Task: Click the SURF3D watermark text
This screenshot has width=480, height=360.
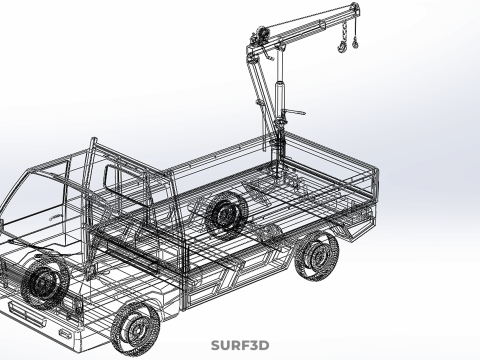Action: coord(240,345)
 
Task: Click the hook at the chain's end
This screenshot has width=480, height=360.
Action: coord(342,47)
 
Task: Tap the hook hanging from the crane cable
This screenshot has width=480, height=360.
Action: coord(354,42)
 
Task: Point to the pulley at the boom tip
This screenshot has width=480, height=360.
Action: coord(355,8)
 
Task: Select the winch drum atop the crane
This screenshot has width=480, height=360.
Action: coord(261,35)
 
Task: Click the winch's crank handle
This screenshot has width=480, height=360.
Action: coord(267,53)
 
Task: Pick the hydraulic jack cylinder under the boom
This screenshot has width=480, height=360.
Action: coord(279,100)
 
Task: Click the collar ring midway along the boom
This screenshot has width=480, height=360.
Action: coord(322,25)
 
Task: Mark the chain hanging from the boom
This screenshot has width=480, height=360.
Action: coord(343,32)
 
